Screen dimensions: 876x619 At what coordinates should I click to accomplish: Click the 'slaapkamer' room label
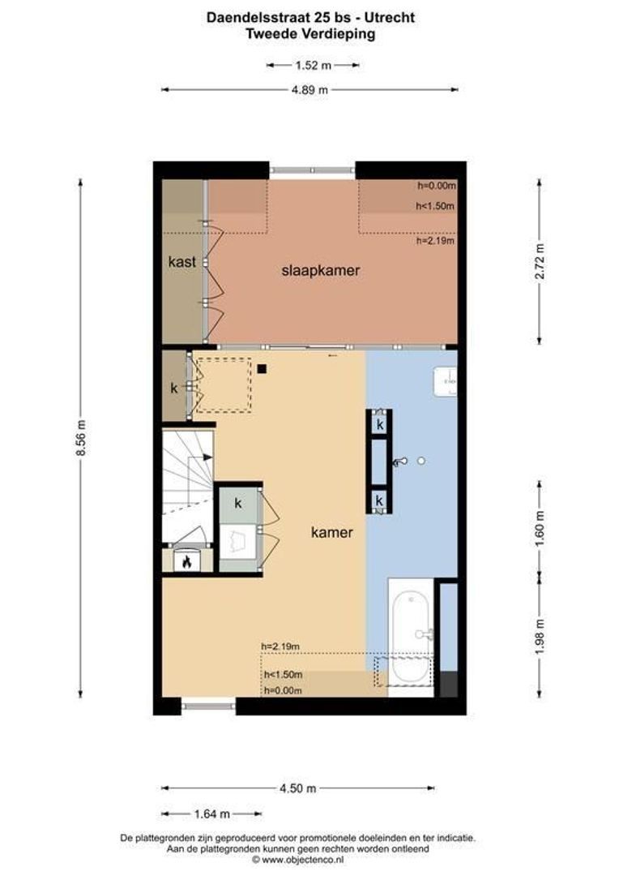pyautogui.click(x=320, y=271)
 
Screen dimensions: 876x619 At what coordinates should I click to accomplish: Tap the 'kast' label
pyautogui.click(x=181, y=262)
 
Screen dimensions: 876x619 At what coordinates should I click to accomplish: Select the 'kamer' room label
pyautogui.click(x=332, y=533)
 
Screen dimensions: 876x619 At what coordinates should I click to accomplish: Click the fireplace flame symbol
pyautogui.click(x=187, y=560)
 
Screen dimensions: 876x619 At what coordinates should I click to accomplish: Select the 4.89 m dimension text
pyautogui.click(x=309, y=90)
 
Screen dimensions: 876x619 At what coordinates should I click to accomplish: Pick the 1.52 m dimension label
pyautogui.click(x=313, y=66)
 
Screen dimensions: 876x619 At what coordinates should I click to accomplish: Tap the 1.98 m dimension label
pyautogui.click(x=540, y=629)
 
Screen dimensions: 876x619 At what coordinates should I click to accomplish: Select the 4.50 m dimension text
pyautogui.click(x=298, y=788)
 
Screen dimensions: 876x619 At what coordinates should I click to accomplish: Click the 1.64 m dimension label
pyautogui.click(x=212, y=814)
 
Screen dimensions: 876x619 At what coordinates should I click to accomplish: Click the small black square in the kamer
pyautogui.click(x=263, y=370)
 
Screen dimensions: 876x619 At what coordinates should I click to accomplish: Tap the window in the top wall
pyautogui.click(x=312, y=171)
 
